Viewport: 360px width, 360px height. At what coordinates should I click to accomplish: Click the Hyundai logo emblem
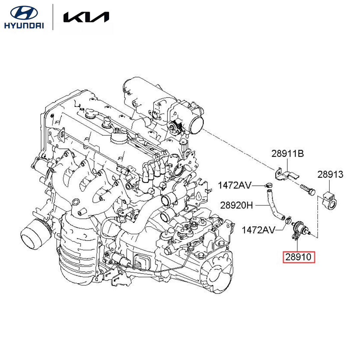(24, 13)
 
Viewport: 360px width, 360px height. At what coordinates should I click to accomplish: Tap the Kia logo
(86, 17)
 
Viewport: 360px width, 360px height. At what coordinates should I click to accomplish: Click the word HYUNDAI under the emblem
(24, 25)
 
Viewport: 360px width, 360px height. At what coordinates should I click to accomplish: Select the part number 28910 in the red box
(299, 257)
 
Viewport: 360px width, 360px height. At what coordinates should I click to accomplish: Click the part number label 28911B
(287, 154)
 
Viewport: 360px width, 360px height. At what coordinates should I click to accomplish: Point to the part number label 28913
(330, 174)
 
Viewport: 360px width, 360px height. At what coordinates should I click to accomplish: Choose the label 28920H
(236, 205)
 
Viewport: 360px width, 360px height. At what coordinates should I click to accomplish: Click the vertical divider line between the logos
(53, 17)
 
